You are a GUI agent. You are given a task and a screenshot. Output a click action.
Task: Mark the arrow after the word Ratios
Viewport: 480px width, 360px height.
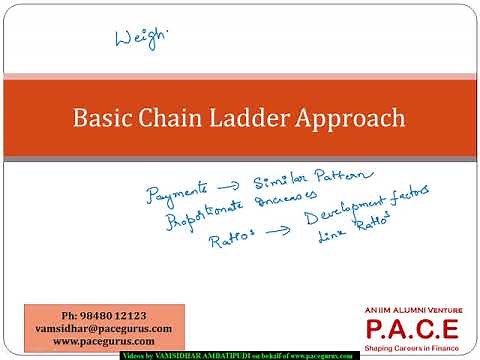pyautogui.click(x=279, y=232)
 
